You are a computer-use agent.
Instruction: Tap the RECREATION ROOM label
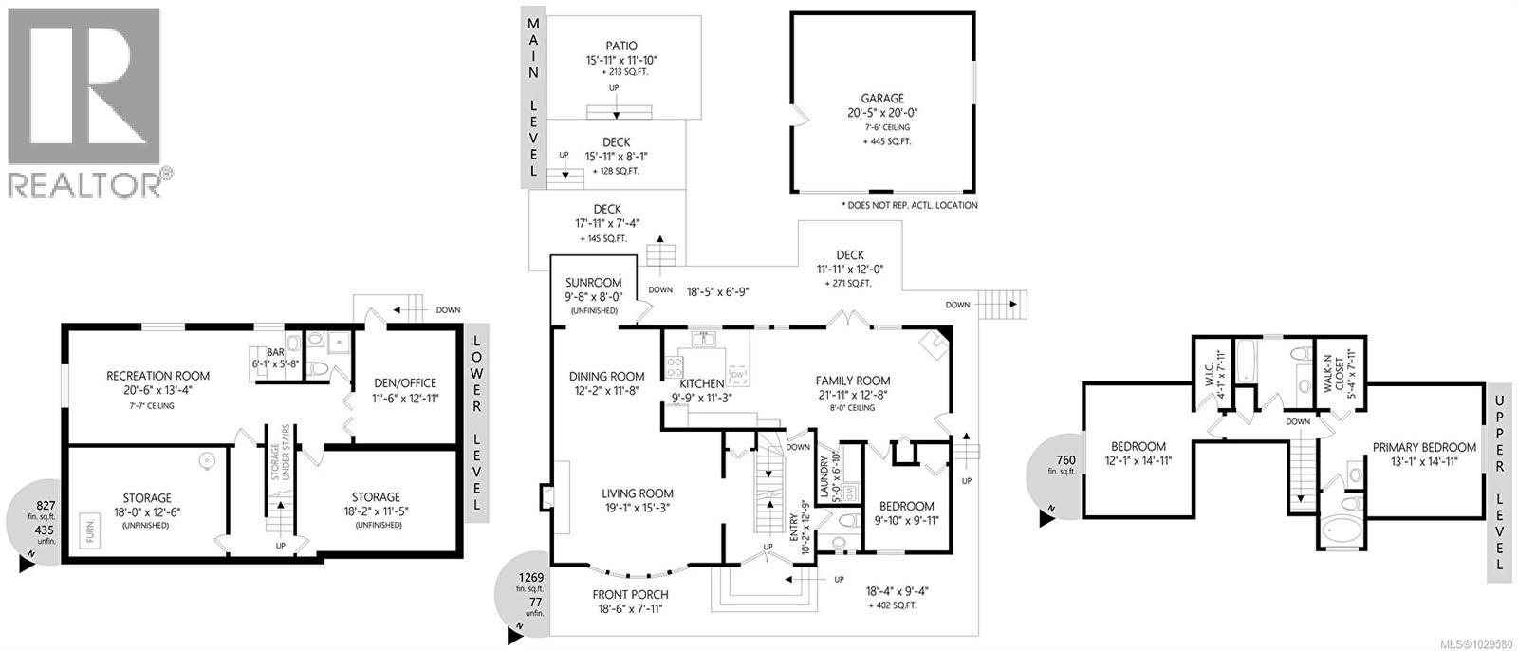157,377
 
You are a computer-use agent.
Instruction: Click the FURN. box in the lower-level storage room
91,526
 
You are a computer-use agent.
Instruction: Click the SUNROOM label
593,283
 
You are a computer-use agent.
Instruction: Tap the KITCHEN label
701,383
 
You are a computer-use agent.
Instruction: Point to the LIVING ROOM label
637,493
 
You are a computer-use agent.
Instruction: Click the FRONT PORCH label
625,595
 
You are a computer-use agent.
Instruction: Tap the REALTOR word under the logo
85,184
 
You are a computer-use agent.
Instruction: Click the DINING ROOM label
606,377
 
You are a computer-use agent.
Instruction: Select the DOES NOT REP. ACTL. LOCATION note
909,205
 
